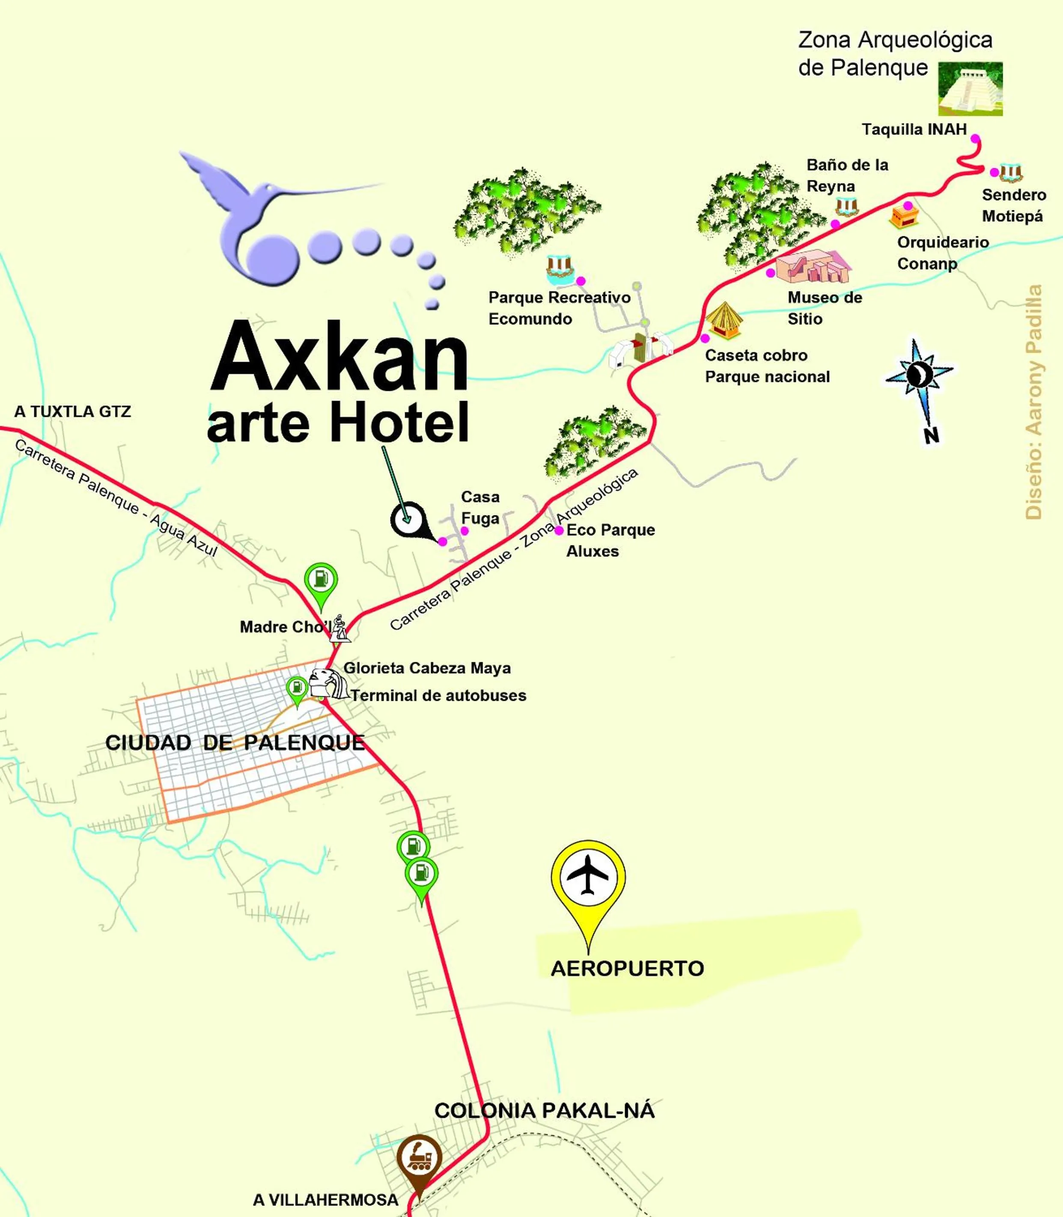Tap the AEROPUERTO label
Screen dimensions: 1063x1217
pyautogui.click(x=627, y=968)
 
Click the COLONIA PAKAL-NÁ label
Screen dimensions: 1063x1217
pyautogui.click(x=544, y=1110)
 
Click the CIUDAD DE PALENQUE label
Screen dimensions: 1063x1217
pyautogui.click(x=235, y=743)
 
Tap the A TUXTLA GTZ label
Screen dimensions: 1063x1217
pyautogui.click(x=72, y=412)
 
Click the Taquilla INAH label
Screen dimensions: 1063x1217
pyautogui.click(x=914, y=129)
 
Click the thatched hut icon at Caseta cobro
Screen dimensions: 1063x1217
pyautogui.click(x=724, y=320)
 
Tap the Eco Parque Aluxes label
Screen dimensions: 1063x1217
pyautogui.click(x=610, y=540)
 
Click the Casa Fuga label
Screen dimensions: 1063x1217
pyautogui.click(x=480, y=508)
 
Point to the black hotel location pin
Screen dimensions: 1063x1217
pyautogui.click(x=408, y=520)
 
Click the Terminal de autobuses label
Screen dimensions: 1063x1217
pyautogui.click(x=438, y=696)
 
